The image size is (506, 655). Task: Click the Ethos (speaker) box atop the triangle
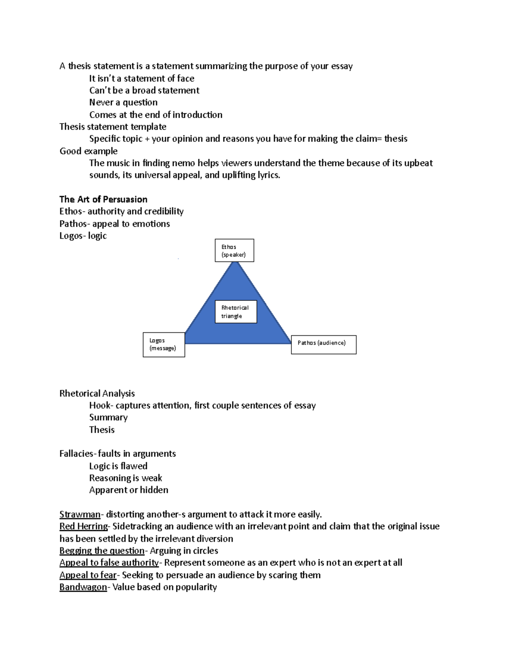click(234, 251)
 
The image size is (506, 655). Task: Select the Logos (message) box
click(164, 345)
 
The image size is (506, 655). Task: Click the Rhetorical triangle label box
click(236, 312)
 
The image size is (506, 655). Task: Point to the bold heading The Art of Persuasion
click(103, 199)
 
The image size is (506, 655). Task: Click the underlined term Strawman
click(80, 515)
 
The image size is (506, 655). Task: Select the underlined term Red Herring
click(83, 526)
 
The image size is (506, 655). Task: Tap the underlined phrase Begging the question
click(102, 551)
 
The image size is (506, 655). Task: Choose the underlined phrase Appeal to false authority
click(109, 563)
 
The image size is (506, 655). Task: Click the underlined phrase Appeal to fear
click(88, 575)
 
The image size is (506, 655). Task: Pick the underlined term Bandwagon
click(83, 587)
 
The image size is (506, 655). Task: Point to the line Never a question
click(123, 102)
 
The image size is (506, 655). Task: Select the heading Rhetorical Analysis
click(97, 394)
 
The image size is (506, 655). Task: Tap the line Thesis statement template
click(113, 127)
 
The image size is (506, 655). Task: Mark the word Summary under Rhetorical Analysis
click(108, 418)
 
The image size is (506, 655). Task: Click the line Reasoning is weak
click(125, 478)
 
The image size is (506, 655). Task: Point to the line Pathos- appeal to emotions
click(114, 224)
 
